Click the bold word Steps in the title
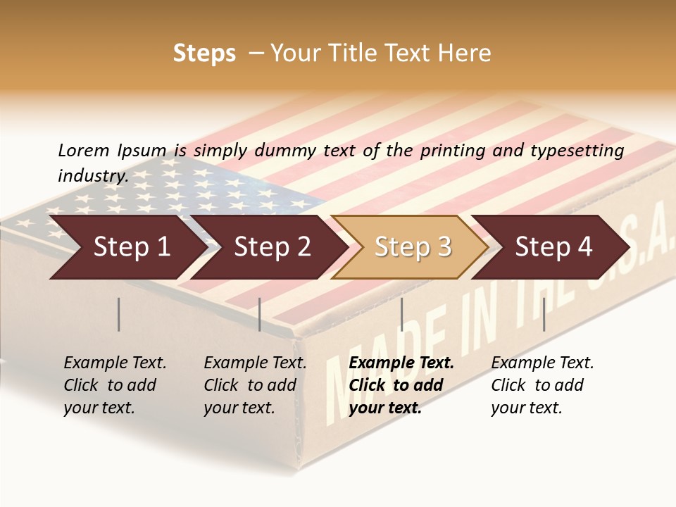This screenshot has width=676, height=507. tap(204, 54)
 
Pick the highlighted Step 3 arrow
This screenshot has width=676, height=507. tap(412, 246)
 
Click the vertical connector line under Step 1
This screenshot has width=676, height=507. tap(119, 314)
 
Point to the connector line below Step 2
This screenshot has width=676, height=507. tap(260, 314)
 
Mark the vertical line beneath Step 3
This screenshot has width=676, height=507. tap(401, 314)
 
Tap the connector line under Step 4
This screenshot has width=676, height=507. tap(544, 314)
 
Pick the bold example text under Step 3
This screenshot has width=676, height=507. tap(401, 385)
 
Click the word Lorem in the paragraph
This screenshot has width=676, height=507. tap(84, 150)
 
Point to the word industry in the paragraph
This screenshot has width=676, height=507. tap(92, 175)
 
